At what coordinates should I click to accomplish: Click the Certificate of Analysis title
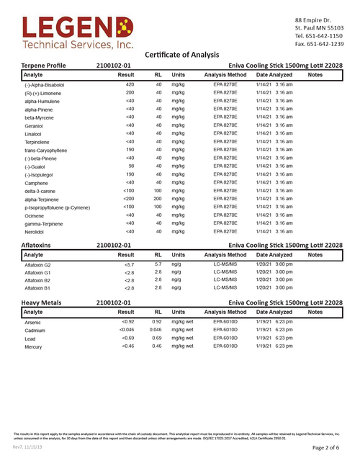[185, 55]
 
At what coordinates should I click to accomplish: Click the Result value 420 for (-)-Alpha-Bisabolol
[130, 84]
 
